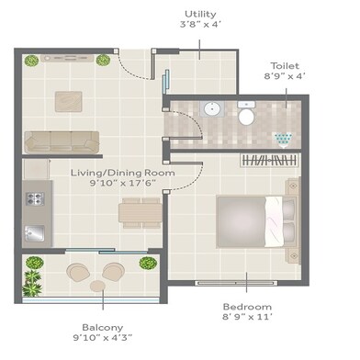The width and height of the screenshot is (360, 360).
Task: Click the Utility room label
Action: (200, 14)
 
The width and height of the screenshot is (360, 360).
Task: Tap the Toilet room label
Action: (284, 65)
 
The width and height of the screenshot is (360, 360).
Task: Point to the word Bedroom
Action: (248, 306)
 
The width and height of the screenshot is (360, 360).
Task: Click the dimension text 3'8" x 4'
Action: (200, 28)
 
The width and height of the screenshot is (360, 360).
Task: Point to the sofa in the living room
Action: (62, 141)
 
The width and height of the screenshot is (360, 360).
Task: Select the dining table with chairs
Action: (139, 212)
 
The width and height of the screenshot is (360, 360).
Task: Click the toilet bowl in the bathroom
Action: (245, 116)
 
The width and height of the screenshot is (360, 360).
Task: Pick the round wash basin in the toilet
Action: (211, 109)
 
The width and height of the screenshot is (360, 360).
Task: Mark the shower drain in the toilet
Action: (284, 139)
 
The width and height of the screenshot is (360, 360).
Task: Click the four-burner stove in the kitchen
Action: (37, 198)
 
